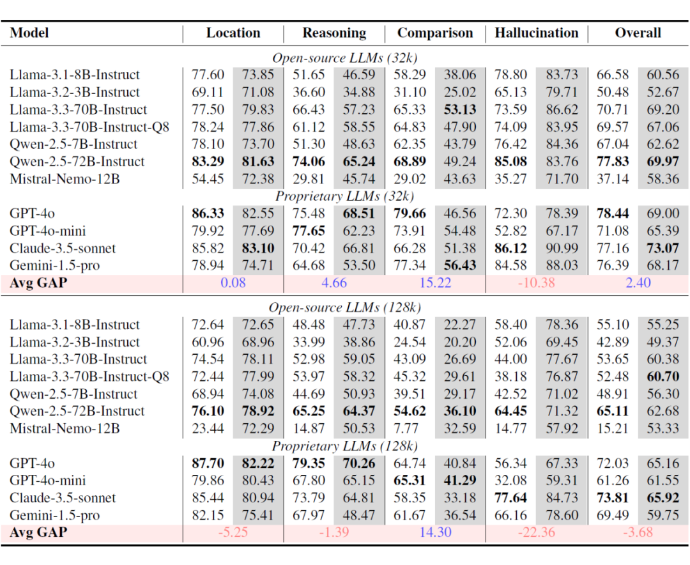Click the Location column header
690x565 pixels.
[233, 33]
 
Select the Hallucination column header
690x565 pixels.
[537, 33]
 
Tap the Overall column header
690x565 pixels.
[638, 33]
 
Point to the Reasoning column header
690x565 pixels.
[334, 33]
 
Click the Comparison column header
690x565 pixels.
[435, 33]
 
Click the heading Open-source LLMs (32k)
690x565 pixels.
[344, 58]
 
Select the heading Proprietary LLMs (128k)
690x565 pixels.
[344, 446]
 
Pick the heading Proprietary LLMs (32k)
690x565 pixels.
[344, 196]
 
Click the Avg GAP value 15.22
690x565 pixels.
[435, 282]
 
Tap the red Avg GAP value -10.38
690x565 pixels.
[537, 282]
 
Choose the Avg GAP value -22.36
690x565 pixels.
[537, 532]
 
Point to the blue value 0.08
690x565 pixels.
[233, 282]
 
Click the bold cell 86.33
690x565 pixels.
[208, 213]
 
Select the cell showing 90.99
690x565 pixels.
[562, 249]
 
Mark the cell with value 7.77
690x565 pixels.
[410, 428]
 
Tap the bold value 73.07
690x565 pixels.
[663, 249]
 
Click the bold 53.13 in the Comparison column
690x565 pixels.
[460, 110]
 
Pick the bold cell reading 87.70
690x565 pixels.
[208, 463]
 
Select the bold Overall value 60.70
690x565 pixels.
[663, 376]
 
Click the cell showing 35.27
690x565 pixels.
[510, 179]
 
